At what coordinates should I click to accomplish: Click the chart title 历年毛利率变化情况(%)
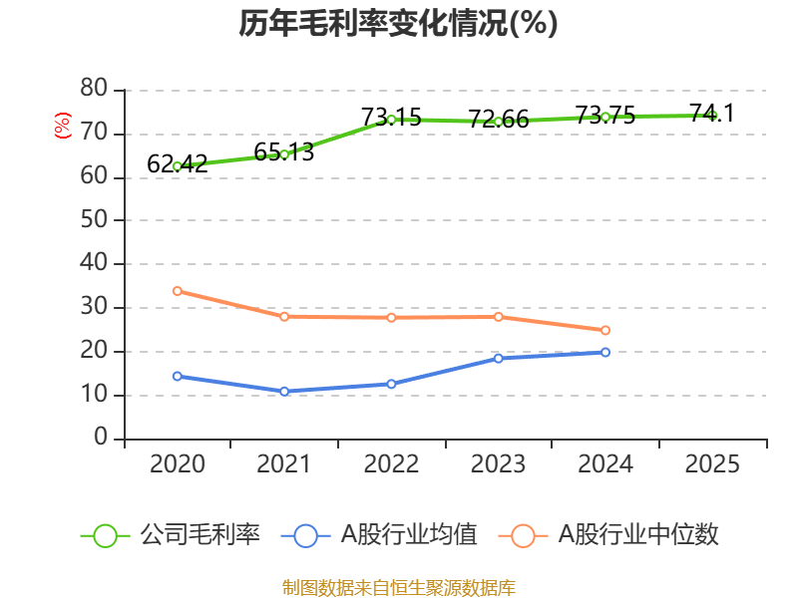click(398, 24)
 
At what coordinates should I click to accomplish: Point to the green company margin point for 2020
click(177, 166)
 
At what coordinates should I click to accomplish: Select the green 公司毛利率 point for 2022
click(391, 120)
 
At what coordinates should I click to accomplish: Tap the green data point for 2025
click(712, 116)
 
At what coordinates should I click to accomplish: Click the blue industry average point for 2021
click(284, 392)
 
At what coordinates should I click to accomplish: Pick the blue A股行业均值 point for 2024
click(605, 352)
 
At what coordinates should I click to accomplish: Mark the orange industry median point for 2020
click(177, 291)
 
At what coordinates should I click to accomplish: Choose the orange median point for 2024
click(605, 330)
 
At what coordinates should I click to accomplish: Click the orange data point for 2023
click(498, 317)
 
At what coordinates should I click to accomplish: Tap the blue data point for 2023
click(498, 358)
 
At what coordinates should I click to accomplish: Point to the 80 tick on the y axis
click(94, 90)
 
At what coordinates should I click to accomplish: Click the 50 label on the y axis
click(94, 220)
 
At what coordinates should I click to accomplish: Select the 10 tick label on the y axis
click(94, 395)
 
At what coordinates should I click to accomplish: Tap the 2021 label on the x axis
click(284, 464)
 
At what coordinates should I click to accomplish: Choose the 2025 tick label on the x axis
click(712, 464)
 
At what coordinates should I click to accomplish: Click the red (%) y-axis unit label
click(63, 126)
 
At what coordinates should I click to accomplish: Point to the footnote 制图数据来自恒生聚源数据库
click(398, 587)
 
